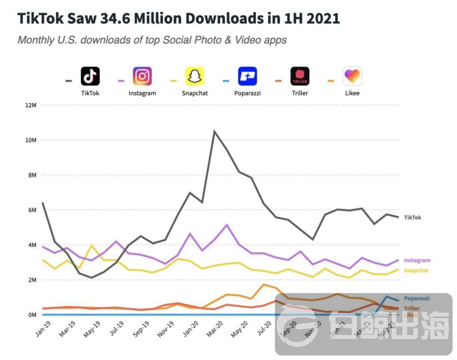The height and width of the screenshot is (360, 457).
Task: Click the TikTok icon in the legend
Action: (90, 76)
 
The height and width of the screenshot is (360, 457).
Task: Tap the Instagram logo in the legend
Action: (142, 76)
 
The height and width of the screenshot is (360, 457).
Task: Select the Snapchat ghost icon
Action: (195, 76)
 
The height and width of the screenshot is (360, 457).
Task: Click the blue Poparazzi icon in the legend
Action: (247, 76)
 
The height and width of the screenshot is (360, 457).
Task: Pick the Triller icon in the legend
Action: (300, 76)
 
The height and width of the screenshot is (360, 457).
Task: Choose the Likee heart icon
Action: (352, 76)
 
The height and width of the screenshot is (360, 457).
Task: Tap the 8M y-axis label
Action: (32, 175)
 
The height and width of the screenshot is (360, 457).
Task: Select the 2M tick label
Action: (32, 280)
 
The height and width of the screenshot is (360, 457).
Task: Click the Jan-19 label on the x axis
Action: (42, 329)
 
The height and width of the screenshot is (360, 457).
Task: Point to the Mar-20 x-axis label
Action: (215, 329)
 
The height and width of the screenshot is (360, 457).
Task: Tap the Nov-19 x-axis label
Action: (166, 329)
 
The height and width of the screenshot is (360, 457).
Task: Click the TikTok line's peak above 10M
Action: (215, 131)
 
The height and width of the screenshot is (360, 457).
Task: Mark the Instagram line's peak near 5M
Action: (227, 224)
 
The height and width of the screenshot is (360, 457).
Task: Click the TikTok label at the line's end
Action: (412, 218)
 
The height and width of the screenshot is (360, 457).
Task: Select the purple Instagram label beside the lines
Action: (417, 261)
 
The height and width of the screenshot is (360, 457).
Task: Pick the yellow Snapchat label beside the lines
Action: (416, 270)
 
